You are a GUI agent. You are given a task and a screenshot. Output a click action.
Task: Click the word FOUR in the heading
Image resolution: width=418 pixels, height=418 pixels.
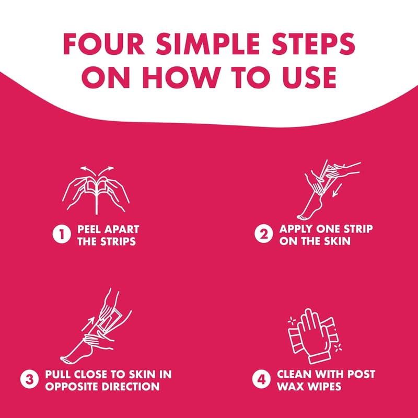click(x=103, y=44)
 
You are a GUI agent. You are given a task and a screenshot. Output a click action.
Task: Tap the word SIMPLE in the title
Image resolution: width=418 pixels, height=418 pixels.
click(x=208, y=44)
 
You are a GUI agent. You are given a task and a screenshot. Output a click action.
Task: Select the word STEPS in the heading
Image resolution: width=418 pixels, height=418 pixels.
click(x=313, y=44)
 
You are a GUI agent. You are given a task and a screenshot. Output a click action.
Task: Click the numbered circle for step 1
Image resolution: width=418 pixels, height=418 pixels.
click(x=62, y=234)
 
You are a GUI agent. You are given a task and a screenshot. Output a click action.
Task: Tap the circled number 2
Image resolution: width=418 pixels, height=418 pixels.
click(x=264, y=234)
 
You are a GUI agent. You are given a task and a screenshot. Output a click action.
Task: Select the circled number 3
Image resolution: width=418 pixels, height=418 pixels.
click(x=29, y=379)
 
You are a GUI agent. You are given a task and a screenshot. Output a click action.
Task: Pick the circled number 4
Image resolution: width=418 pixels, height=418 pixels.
click(x=261, y=379)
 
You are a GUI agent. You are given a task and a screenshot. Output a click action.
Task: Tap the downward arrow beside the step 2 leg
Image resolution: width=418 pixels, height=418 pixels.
click(x=337, y=190)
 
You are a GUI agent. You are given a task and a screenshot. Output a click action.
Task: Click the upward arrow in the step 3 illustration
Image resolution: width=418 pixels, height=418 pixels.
click(x=88, y=323)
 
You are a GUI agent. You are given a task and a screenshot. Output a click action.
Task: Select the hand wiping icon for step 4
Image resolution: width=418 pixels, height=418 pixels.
click(x=315, y=336)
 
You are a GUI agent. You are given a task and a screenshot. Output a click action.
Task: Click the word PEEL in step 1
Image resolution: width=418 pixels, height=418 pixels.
click(x=89, y=229)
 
